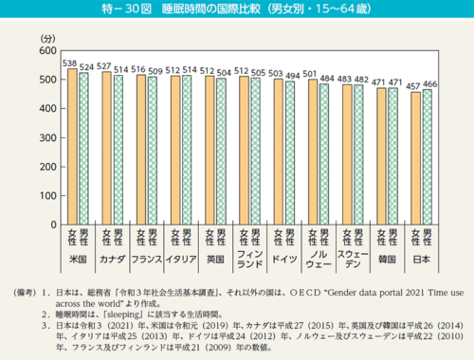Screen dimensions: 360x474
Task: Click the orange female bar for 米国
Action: tap(71, 147)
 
